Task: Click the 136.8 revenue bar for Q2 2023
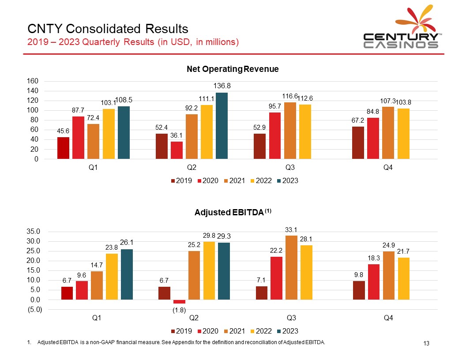click(222, 126)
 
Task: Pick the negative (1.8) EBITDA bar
click(179, 302)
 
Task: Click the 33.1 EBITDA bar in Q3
click(291, 267)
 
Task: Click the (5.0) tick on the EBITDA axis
click(34, 309)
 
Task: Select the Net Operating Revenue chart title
click(233, 69)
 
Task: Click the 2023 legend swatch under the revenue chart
click(278, 181)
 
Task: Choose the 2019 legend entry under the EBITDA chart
click(180, 330)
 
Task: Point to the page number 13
click(426, 344)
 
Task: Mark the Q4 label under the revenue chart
click(388, 168)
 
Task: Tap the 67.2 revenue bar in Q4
click(358, 142)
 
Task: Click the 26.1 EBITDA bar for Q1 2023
click(127, 274)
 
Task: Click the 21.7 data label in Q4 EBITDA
click(404, 251)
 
